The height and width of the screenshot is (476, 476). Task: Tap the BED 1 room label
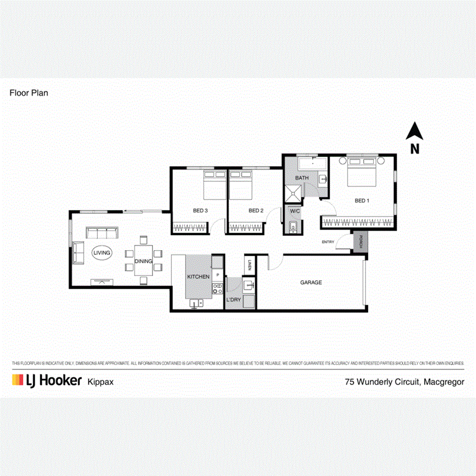coord(361,200)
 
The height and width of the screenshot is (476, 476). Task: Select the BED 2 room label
coord(256,210)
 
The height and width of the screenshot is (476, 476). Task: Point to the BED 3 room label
coord(200,210)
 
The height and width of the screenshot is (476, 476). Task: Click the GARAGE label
coord(311,282)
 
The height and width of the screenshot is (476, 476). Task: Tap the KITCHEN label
coord(199,277)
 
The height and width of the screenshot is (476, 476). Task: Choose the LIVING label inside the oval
coord(102,253)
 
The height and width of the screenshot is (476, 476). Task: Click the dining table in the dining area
coord(143,260)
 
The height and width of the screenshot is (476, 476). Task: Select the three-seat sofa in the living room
coord(102,233)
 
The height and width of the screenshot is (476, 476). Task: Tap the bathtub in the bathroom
coord(312,163)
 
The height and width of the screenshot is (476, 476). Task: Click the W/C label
coord(295,212)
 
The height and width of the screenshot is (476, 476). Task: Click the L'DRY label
coord(233,300)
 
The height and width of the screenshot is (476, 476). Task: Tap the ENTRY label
coord(328,242)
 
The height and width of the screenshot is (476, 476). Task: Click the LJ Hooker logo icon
coord(18,380)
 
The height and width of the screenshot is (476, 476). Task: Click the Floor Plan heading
coord(29,93)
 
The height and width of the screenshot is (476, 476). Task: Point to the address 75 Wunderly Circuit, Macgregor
coord(404,381)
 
